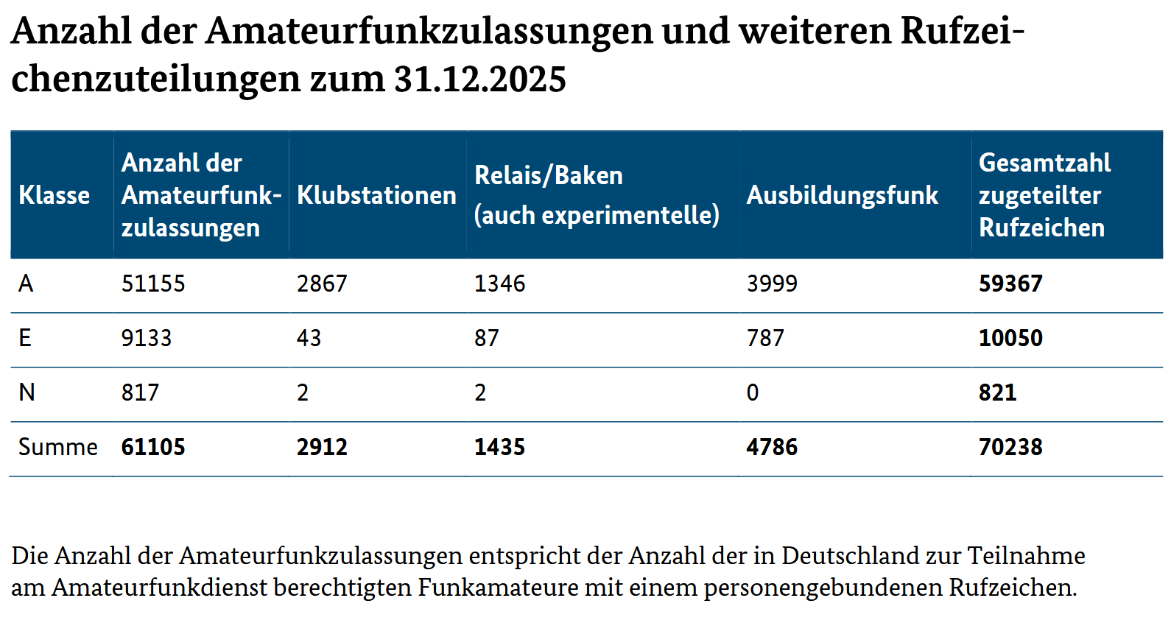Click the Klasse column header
click(54, 195)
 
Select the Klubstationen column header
click(376, 195)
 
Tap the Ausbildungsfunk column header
click(842, 195)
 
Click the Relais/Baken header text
click(549, 175)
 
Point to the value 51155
click(153, 284)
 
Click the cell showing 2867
click(322, 284)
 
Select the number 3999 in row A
click(772, 284)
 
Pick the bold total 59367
click(1010, 284)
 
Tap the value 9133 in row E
click(147, 338)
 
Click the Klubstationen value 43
click(309, 338)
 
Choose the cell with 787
click(765, 338)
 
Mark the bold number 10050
click(1010, 338)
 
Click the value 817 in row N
click(140, 393)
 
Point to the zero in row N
click(753, 393)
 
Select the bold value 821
click(997, 393)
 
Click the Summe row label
click(57, 447)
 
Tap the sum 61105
click(153, 447)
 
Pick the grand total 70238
click(1010, 447)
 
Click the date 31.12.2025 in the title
click(480, 79)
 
